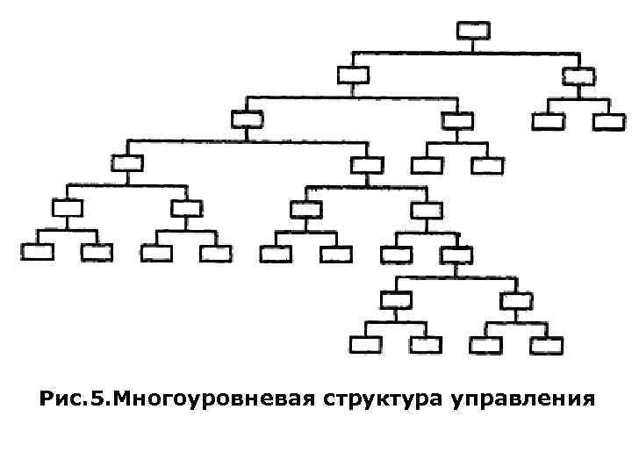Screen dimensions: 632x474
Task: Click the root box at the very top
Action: point(471,31)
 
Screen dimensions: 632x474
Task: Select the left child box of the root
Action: point(352,75)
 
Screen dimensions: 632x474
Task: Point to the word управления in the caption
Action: point(523,400)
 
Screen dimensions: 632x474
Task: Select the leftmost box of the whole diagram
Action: point(36,253)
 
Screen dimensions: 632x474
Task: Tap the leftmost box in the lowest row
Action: point(363,342)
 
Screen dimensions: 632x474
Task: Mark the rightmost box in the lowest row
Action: point(545,342)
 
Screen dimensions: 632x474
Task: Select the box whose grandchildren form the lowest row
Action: point(456,255)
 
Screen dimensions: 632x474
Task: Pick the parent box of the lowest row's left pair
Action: point(394,298)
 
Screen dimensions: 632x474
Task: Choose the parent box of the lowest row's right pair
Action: point(514,298)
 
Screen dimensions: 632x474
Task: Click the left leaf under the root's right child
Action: point(547,121)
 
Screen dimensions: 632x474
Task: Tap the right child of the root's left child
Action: point(456,119)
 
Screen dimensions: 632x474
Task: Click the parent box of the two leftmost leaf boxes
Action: point(67,208)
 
